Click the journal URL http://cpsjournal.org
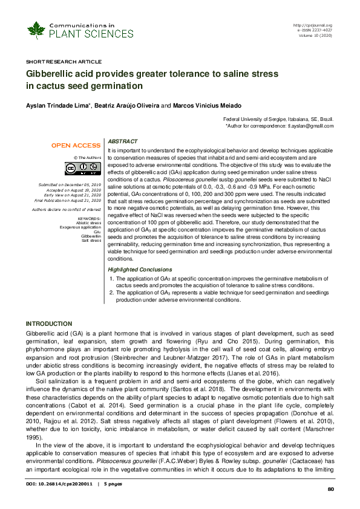313,25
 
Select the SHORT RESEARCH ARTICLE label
64,62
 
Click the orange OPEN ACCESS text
76,146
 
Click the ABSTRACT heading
122,141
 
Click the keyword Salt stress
91,240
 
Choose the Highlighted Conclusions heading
140,269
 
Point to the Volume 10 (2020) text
315,34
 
